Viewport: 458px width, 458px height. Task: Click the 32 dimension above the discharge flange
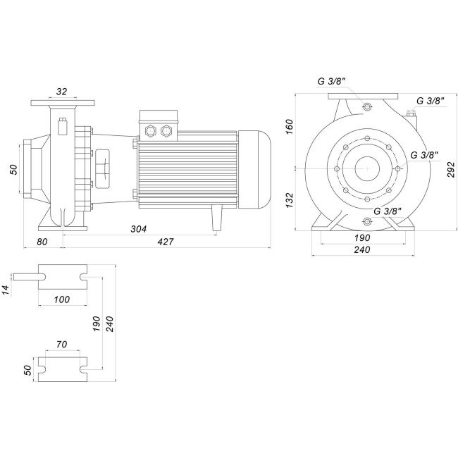(x=62, y=92)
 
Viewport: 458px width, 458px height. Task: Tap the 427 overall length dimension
(x=165, y=242)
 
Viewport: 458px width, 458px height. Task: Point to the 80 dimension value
(x=42, y=242)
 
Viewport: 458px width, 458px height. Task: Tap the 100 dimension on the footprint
(x=61, y=299)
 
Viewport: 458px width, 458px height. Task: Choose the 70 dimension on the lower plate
(x=61, y=345)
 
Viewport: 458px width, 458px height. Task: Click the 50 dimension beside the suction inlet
(x=13, y=168)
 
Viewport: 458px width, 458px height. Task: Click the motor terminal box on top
(x=159, y=121)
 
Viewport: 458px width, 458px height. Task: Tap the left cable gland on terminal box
(x=149, y=130)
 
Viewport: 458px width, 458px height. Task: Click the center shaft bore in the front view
(x=367, y=168)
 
